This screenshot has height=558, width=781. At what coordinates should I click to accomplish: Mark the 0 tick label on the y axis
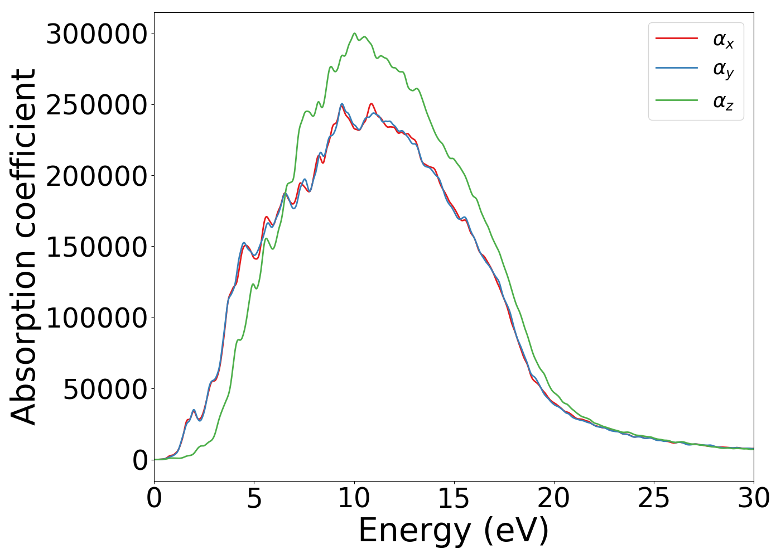140,460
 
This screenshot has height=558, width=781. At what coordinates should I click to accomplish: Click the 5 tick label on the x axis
254,499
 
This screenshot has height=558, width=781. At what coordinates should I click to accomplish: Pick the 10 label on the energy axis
354,499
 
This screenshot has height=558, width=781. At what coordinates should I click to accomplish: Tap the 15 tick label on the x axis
454,499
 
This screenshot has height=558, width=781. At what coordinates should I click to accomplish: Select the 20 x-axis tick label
553,499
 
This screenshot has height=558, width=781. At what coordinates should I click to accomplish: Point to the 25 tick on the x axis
653,499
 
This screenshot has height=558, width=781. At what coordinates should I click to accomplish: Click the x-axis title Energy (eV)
454,531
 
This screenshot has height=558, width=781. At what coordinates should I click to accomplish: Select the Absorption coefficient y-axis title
23,247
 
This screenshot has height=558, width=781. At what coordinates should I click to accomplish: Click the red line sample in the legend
677,39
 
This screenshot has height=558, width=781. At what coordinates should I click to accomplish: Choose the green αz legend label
723,102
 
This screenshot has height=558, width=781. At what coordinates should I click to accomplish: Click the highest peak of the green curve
354,33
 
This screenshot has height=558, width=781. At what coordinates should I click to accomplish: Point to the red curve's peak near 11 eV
371,104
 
